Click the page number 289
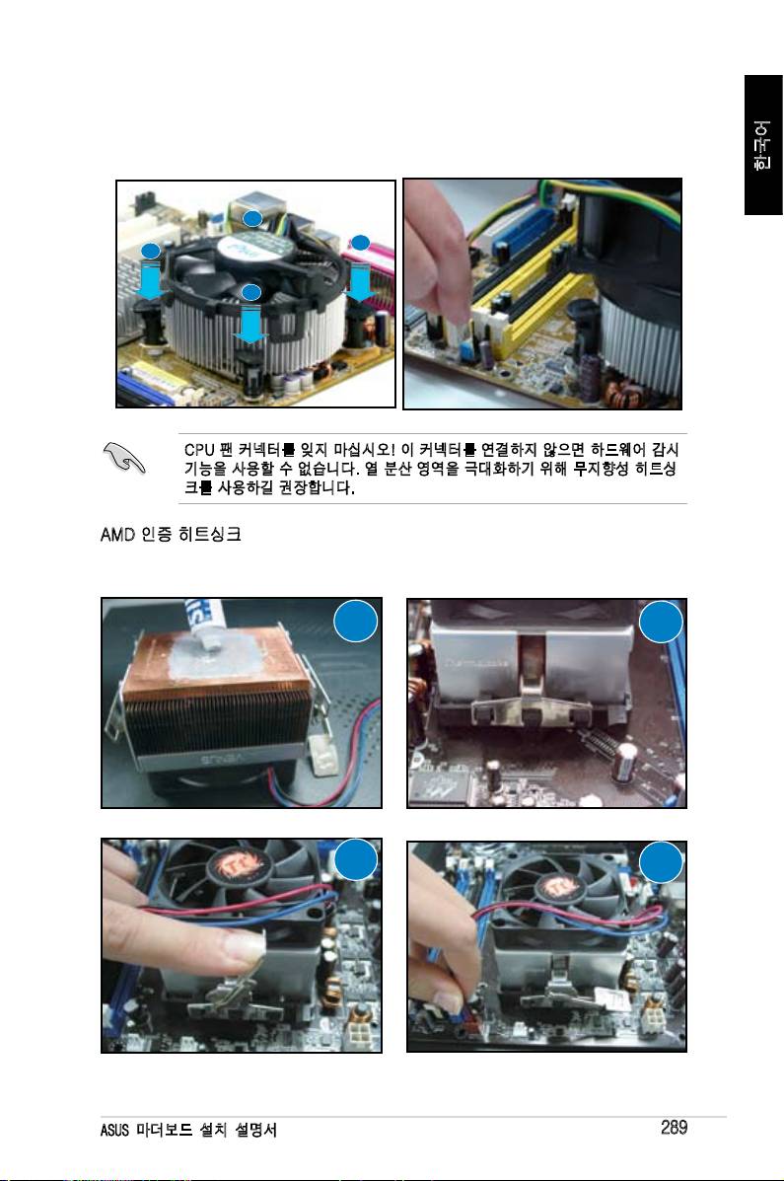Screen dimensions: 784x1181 [675, 1127]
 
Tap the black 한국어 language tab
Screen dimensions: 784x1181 [763, 145]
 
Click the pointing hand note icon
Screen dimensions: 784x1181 [124, 457]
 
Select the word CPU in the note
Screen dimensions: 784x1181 [199, 450]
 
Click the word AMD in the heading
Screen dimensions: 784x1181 [116, 534]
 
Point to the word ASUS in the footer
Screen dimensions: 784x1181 [113, 1130]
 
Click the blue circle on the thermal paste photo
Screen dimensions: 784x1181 [355, 622]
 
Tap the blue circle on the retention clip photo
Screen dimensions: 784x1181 [661, 623]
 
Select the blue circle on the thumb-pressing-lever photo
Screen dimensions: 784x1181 [355, 860]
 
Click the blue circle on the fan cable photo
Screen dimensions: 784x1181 [661, 861]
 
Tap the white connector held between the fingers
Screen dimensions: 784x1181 [458, 330]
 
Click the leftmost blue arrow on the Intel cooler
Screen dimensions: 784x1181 [152, 280]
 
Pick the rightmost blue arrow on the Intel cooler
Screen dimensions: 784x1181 [362, 282]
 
